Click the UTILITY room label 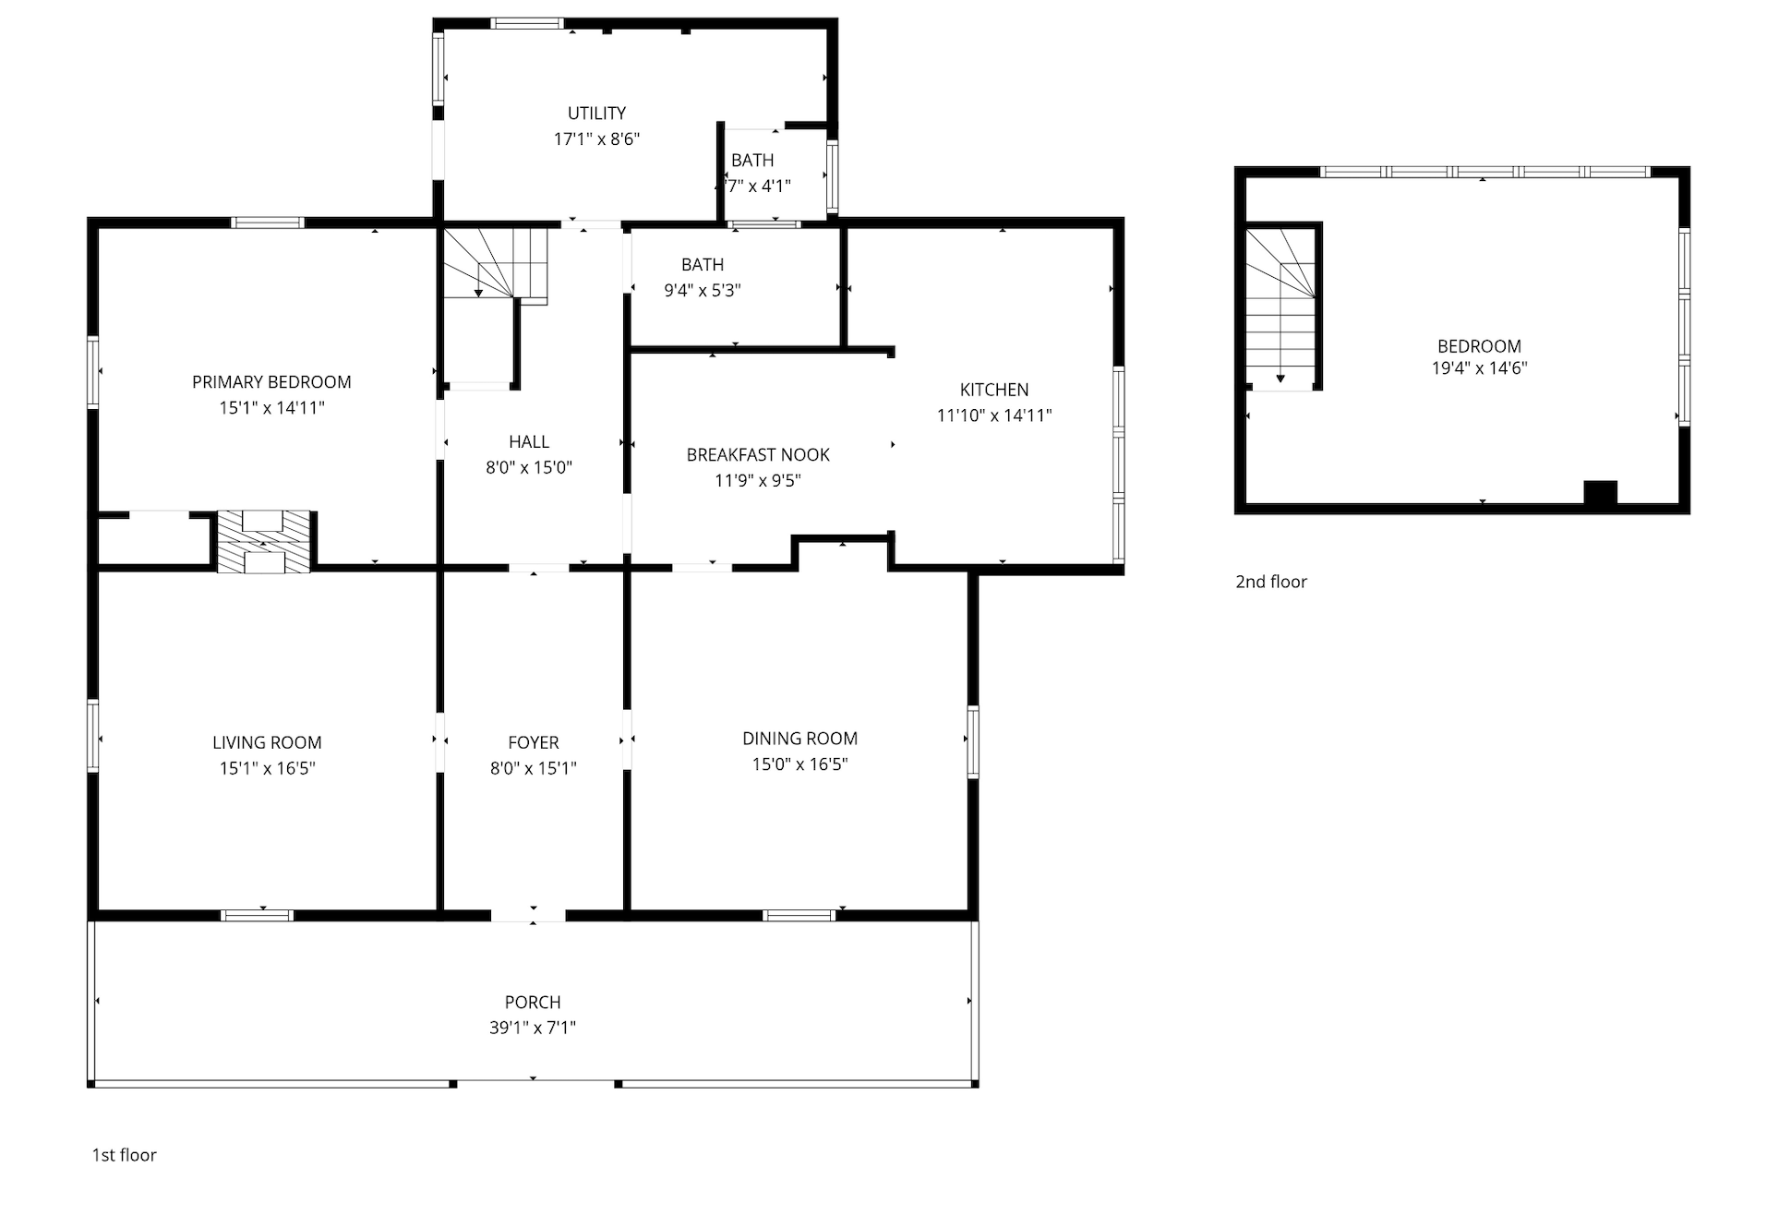pyautogui.click(x=596, y=114)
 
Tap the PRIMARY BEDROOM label pyautogui.click(x=271, y=382)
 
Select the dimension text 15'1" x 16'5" pyautogui.click(x=267, y=768)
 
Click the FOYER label pyautogui.click(x=534, y=742)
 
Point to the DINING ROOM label pyautogui.click(x=799, y=739)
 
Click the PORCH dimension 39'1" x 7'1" pyautogui.click(x=533, y=1028)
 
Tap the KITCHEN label pyautogui.click(x=994, y=390)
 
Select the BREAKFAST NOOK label pyautogui.click(x=758, y=455)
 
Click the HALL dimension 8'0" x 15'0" pyautogui.click(x=529, y=468)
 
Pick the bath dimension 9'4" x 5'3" pyautogui.click(x=703, y=291)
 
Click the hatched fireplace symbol pyautogui.click(x=264, y=542)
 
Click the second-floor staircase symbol pyautogui.click(x=1281, y=308)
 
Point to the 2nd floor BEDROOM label pyautogui.click(x=1479, y=346)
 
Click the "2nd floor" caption pyautogui.click(x=1271, y=582)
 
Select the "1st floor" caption pyautogui.click(x=124, y=1155)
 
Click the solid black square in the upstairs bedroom pyautogui.click(x=1601, y=493)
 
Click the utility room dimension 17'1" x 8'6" pyautogui.click(x=596, y=139)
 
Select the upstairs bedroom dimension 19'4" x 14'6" pyautogui.click(x=1479, y=368)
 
